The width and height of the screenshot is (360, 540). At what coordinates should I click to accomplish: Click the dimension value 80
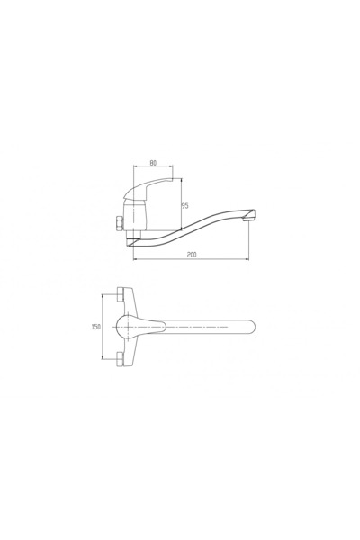coord(153,163)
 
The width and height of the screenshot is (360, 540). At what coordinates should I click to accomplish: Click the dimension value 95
coord(185,206)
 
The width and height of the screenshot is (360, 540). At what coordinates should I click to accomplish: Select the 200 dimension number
coord(192,255)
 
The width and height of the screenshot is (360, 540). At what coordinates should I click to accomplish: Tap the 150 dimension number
coord(96,327)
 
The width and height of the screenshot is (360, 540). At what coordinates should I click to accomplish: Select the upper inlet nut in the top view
coord(121,293)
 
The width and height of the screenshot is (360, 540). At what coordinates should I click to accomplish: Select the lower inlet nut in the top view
coord(121,358)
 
